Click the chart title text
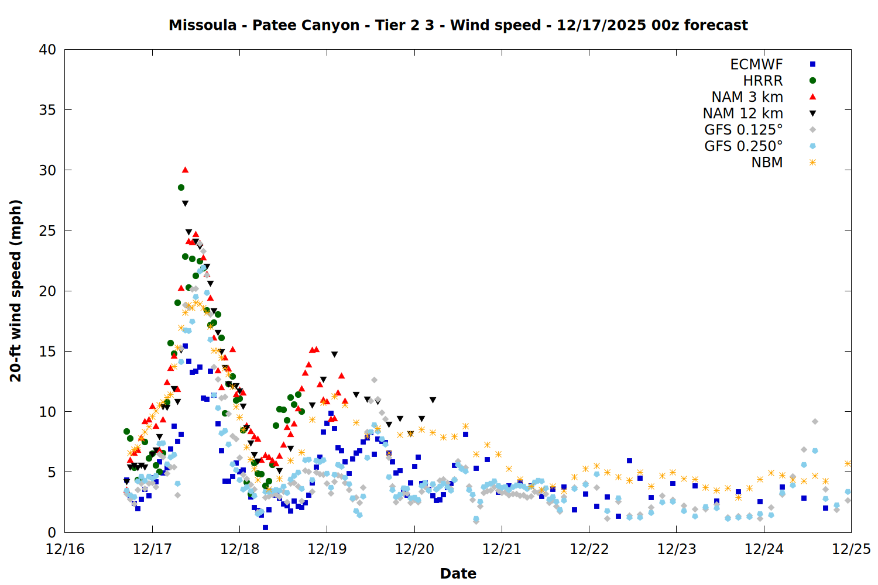click(458, 25)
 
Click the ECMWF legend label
click(756, 64)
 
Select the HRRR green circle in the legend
click(812, 81)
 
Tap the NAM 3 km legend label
click(747, 97)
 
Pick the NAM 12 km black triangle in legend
click(812, 113)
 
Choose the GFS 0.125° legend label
click(743, 130)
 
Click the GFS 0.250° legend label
click(743, 146)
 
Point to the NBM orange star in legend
click(812, 163)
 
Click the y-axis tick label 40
click(47, 50)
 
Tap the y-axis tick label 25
click(47, 230)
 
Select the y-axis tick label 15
click(47, 351)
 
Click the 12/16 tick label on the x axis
click(65, 549)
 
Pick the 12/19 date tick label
click(327, 549)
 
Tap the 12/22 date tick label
click(589, 549)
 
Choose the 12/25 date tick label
click(851, 549)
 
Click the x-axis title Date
click(458, 573)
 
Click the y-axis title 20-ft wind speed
click(16, 291)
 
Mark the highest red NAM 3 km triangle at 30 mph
click(185, 170)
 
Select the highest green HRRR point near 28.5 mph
click(181, 188)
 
